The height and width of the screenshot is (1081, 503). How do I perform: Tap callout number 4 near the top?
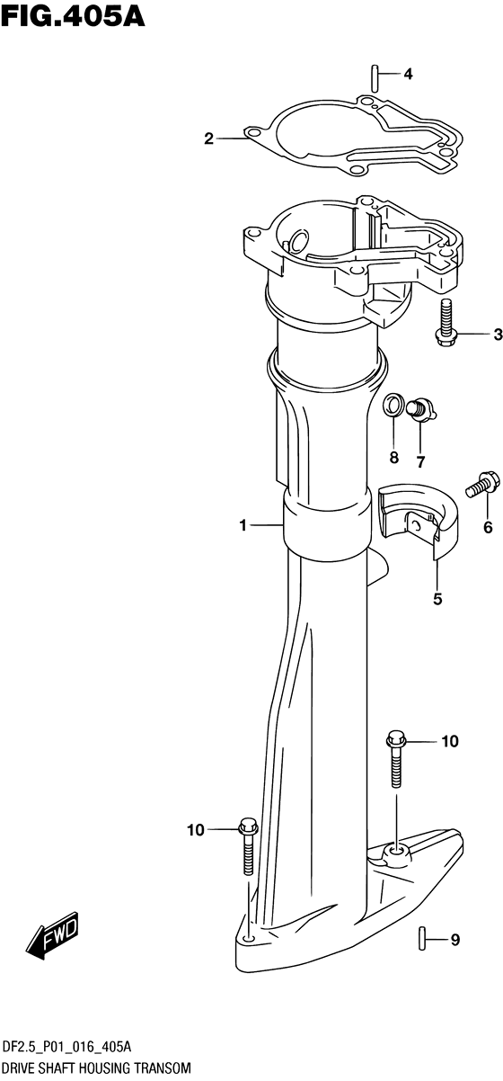(x=408, y=75)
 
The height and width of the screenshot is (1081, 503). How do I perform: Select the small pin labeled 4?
(x=374, y=76)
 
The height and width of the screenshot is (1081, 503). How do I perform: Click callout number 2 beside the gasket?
(x=208, y=139)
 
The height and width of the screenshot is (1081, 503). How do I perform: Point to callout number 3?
(x=498, y=334)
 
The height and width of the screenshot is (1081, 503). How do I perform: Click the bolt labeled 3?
(x=446, y=323)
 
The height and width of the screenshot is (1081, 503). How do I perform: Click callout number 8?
(x=394, y=458)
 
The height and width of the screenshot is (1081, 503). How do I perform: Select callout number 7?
(x=420, y=462)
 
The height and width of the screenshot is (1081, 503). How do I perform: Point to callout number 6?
(x=488, y=528)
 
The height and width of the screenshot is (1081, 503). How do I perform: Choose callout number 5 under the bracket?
(x=437, y=599)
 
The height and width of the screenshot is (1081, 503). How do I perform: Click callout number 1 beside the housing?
(x=243, y=525)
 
